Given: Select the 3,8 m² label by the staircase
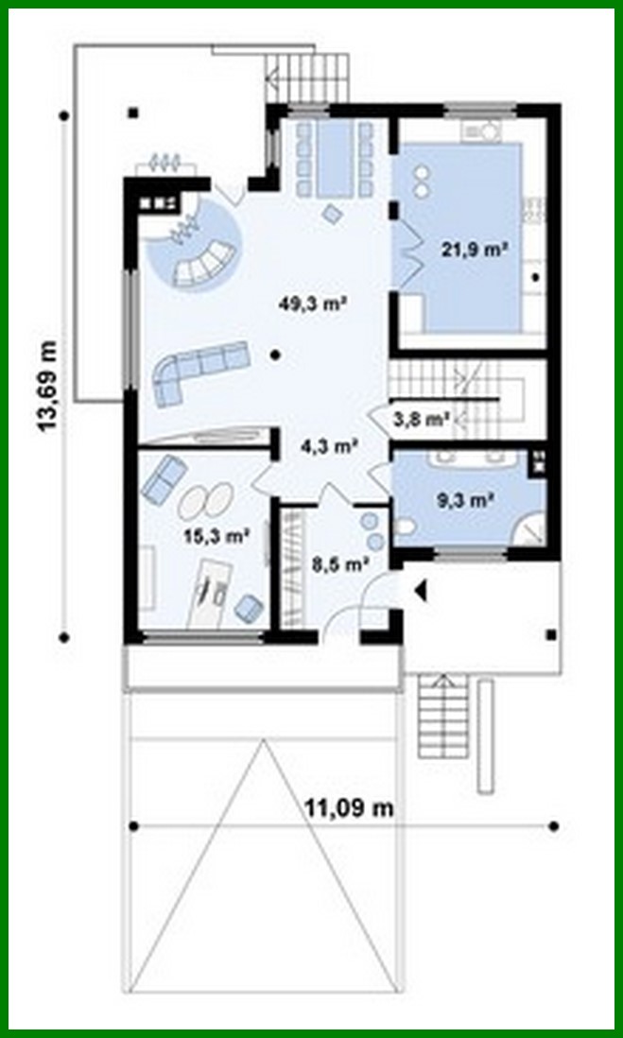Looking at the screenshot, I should coord(421,417).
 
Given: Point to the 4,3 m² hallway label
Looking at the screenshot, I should coord(328,446).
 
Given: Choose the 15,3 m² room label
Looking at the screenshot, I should coord(216,536).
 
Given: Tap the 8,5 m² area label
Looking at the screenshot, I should coord(338,564).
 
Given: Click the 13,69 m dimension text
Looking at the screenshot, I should coord(46,386).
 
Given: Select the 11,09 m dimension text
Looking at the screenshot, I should coord(349,808).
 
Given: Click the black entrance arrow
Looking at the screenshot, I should coord(421,591).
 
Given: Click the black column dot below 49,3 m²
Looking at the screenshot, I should coord(274,355).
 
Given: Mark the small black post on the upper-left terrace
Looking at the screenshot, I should coord(134,113).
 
